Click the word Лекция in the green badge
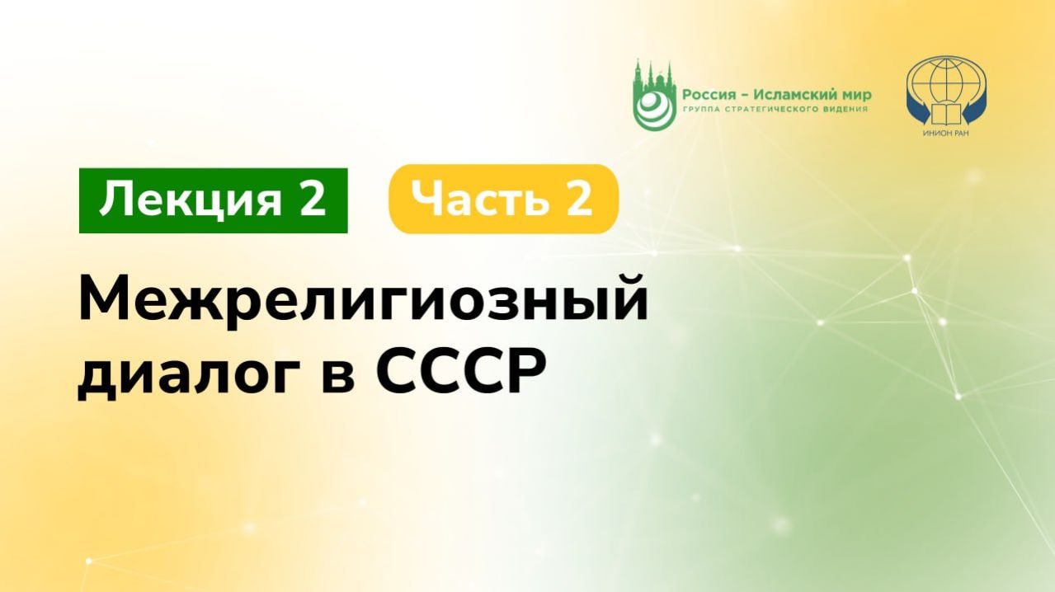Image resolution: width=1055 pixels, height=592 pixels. click(x=186, y=200)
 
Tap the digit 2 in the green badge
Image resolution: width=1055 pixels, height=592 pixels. click(x=311, y=200)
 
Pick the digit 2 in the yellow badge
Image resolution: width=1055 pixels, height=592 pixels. click(x=578, y=200)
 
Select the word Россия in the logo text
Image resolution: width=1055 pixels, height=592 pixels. click(x=706, y=94)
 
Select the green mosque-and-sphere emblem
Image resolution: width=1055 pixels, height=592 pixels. click(x=652, y=95)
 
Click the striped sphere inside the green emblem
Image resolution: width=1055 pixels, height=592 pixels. click(x=652, y=107)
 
